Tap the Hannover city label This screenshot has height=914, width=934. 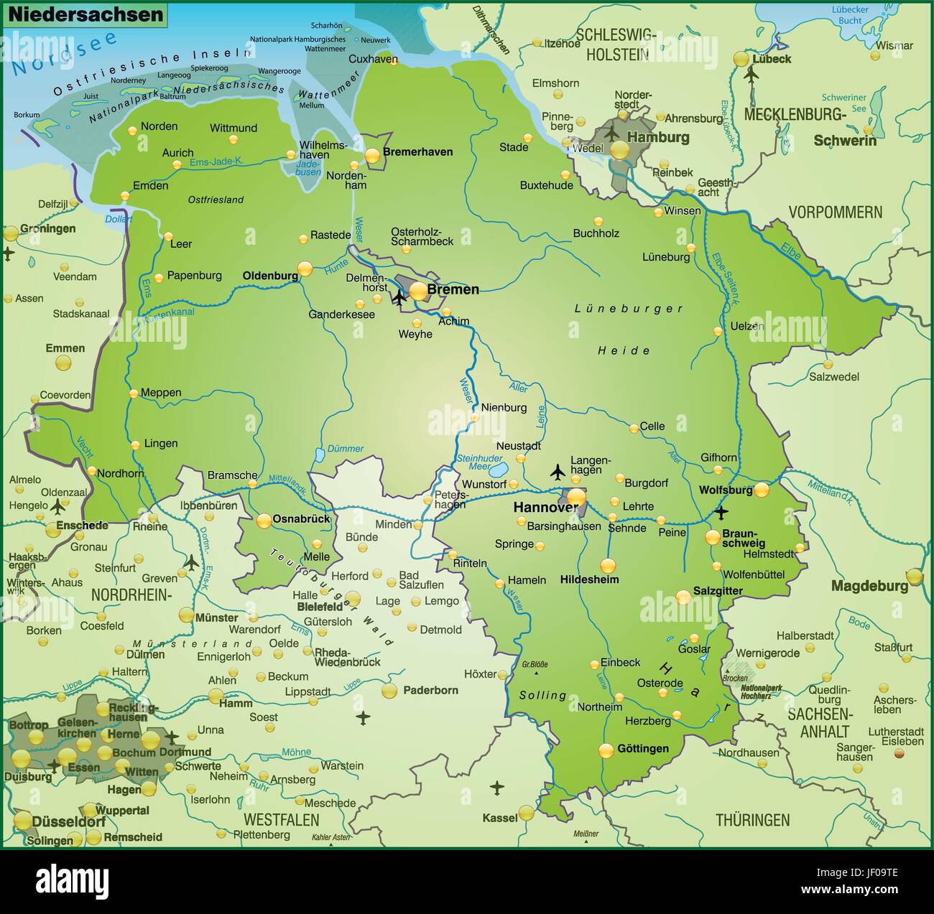pos(545,508)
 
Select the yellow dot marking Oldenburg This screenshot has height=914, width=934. pos(305,269)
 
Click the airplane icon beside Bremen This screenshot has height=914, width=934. pos(399,297)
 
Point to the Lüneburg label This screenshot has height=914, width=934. pos(665,256)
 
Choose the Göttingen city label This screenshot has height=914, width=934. pos(642,749)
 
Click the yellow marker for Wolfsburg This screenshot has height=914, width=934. pos(761,490)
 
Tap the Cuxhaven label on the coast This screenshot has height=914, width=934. pos(373,60)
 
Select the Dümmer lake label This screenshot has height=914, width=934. pos(346,449)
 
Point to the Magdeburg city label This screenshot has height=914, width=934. pos(869,586)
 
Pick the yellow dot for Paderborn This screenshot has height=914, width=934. pos(389,691)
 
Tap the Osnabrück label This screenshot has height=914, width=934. pos(302,518)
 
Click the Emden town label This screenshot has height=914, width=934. pos(151,185)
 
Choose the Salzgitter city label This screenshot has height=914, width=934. pos(718,591)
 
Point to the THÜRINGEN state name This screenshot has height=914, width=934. pos(752,820)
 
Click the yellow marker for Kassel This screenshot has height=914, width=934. pos(527,813)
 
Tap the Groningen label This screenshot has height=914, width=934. pos(48,228)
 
